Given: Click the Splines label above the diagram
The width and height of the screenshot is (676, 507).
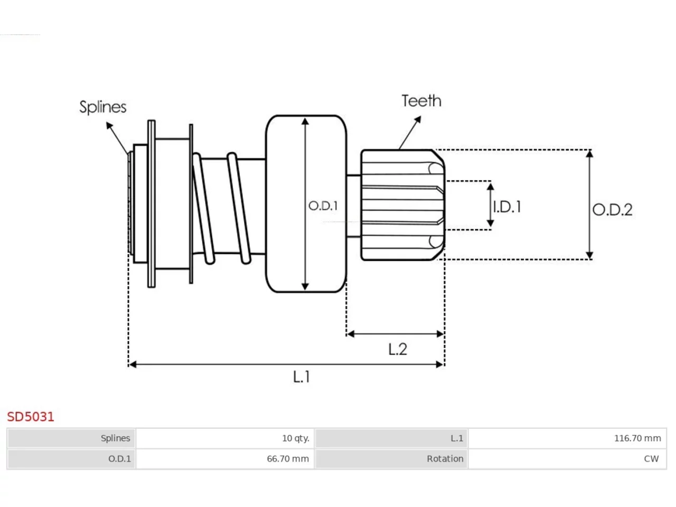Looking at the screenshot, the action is coord(103,107).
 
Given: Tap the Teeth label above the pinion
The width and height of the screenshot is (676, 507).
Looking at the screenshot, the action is coord(421,101).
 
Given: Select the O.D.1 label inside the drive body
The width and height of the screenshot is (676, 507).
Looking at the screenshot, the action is coord(323,205).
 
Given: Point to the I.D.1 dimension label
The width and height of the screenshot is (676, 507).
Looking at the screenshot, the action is coord(507,206).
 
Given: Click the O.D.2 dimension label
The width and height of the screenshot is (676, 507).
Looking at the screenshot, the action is coord(612,210).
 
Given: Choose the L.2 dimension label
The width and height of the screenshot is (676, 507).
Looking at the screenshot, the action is coord(398,349).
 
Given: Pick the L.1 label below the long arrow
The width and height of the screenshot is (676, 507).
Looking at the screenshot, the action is coord(301,377).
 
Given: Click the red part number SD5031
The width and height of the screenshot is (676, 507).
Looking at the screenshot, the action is coord(31,417).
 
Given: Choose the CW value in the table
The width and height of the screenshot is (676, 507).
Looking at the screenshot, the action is coord(651,458).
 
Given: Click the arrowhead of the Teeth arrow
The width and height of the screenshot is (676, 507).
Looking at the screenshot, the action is coord(418,119).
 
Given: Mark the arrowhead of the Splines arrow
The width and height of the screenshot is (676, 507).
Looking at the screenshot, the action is coord(109,125).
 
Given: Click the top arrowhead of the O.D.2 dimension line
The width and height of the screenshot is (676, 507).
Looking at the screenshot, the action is coord(589,153).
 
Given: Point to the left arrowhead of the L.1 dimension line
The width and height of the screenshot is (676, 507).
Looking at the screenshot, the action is coord(133,364).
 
